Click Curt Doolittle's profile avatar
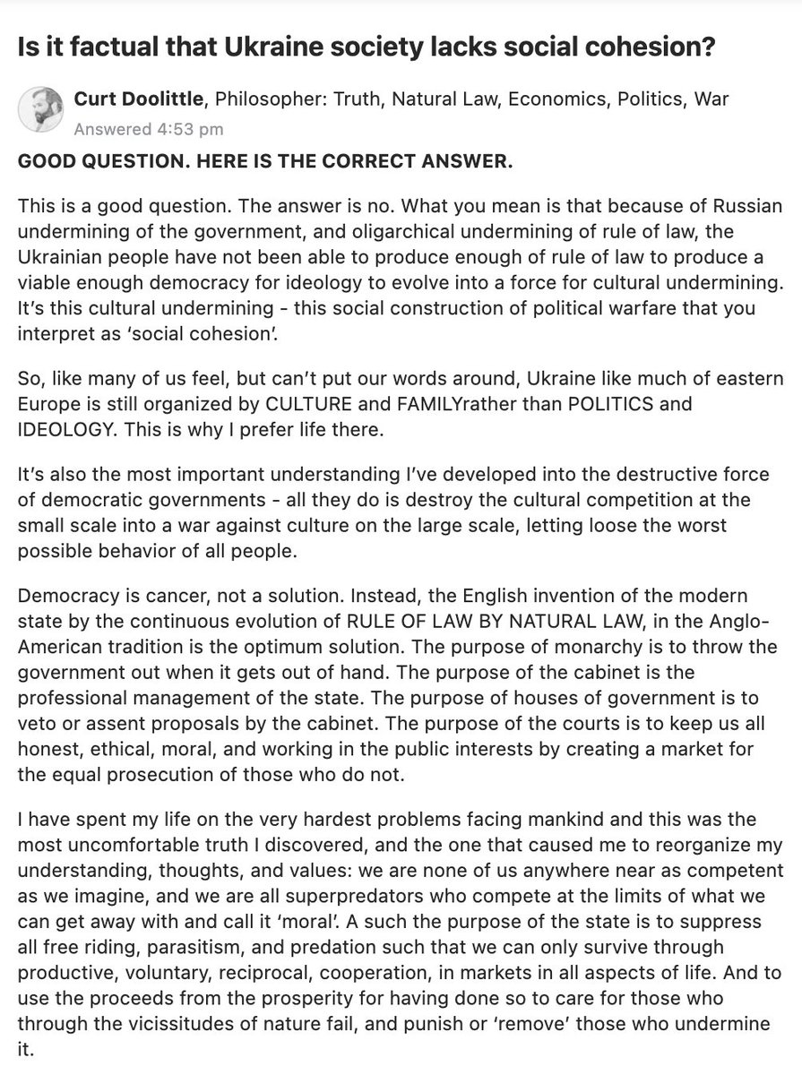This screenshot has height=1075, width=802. click(41, 112)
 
